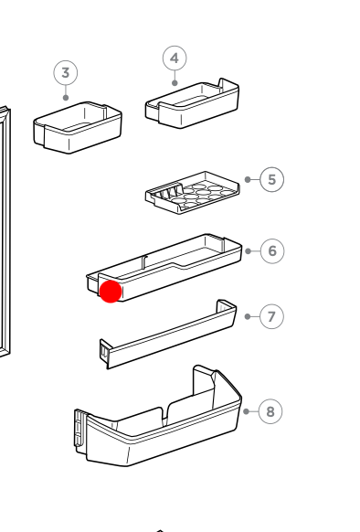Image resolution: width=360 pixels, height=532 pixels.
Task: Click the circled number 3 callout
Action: tap(66, 73)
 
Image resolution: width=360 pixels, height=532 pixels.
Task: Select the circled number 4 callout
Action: tap(175, 59)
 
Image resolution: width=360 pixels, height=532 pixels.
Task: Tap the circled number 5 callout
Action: tap(271, 179)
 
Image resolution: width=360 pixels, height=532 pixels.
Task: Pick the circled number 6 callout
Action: tap(272, 251)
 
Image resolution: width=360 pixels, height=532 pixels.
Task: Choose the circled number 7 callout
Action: tap(271, 316)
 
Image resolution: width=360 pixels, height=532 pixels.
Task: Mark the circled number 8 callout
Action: tap(270, 411)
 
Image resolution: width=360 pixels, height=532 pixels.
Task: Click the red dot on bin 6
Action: tap(111, 292)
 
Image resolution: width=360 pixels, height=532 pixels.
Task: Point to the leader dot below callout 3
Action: tap(66, 98)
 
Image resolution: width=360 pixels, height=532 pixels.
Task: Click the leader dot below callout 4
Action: tap(175, 83)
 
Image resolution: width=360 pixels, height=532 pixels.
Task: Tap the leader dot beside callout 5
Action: tap(248, 179)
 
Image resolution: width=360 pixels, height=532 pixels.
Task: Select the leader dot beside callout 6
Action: tap(248, 251)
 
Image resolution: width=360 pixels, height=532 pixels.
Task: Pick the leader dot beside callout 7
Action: tap(248, 316)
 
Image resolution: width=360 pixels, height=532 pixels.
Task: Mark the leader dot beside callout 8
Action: tap(247, 411)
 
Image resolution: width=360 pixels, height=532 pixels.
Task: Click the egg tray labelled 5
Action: tap(193, 193)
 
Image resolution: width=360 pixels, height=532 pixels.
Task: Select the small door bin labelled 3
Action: tap(78, 128)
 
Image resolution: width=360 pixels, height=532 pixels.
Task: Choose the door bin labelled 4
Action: tap(192, 103)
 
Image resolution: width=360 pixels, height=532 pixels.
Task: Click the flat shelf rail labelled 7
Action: tap(168, 335)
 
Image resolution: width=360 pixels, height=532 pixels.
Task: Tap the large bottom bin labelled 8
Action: tap(158, 417)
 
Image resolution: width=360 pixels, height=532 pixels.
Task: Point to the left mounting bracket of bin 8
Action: tap(80, 428)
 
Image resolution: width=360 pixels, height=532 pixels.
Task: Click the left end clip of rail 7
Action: tap(105, 350)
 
